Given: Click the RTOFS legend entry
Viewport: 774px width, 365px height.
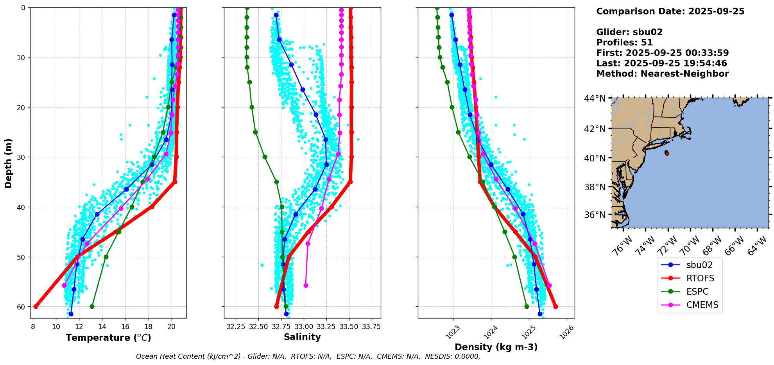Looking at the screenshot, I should pyautogui.click(x=700, y=278).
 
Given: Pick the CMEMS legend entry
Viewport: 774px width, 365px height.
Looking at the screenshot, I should pyautogui.click(x=702, y=305).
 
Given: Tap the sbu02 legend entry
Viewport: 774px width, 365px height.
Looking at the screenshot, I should pyautogui.click(x=699, y=265).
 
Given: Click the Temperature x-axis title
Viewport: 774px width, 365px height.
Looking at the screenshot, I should pyautogui.click(x=108, y=338).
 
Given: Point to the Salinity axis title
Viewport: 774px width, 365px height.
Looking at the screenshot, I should pyautogui.click(x=302, y=337).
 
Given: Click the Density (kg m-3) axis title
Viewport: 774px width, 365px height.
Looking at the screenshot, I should pyautogui.click(x=496, y=347).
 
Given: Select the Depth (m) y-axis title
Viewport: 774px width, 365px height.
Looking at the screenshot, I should pyautogui.click(x=9, y=163).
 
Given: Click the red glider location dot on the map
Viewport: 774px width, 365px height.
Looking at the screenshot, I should pyautogui.click(x=667, y=154).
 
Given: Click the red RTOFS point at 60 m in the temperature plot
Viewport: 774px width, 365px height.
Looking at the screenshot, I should pyautogui.click(x=36, y=306).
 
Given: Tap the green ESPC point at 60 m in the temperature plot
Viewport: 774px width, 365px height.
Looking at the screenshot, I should pyautogui.click(x=92, y=306).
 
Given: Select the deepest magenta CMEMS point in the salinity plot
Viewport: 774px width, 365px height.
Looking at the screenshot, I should pyautogui.click(x=306, y=285).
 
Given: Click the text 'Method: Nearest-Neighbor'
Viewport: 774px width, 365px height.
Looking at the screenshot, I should pyautogui.click(x=662, y=74).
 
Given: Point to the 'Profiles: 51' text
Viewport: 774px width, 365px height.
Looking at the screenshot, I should pyautogui.click(x=624, y=43).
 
